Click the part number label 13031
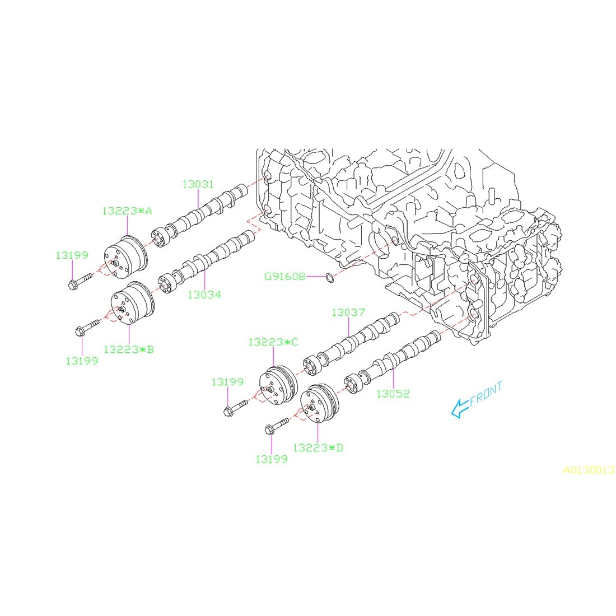(198, 184)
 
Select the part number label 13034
(204, 295)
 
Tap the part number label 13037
(348, 312)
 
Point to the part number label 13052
(393, 394)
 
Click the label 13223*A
(127, 211)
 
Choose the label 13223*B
(128, 349)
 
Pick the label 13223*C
(273, 342)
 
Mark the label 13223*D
(318, 447)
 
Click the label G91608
(285, 276)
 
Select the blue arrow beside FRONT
(460, 408)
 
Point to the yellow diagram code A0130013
(589, 470)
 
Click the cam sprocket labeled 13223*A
(126, 258)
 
